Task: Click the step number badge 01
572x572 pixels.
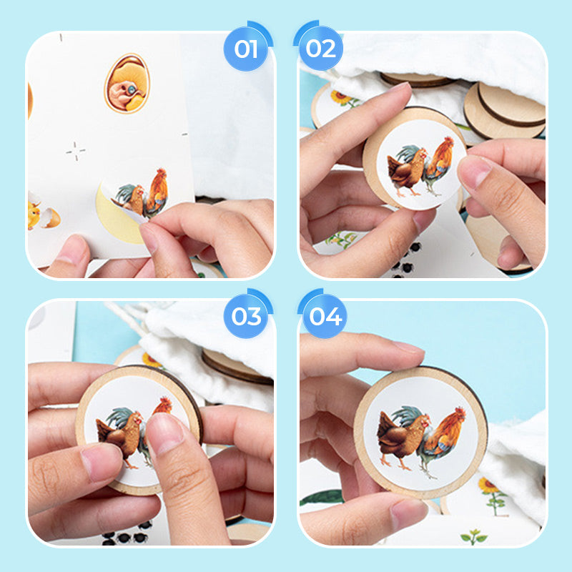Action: click(246, 49)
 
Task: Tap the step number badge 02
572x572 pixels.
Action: click(320, 49)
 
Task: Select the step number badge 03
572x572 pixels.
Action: click(246, 316)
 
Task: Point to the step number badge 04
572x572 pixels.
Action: click(325, 316)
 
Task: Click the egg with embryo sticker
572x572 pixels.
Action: click(127, 83)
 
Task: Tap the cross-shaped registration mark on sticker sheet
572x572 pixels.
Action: click(76, 151)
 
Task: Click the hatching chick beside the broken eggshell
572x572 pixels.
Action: click(34, 215)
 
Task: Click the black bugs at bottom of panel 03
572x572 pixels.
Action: click(125, 535)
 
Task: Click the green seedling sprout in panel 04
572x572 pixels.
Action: click(474, 537)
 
